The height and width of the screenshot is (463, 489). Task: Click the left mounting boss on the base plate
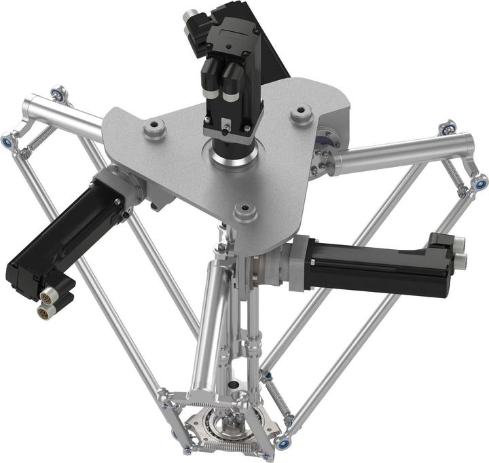pos(155,128)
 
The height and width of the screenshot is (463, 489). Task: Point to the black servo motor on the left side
pos(65,238)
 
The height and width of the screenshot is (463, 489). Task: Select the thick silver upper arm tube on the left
pos(65,115)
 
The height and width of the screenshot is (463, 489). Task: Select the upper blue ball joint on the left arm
pos(58,93)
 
